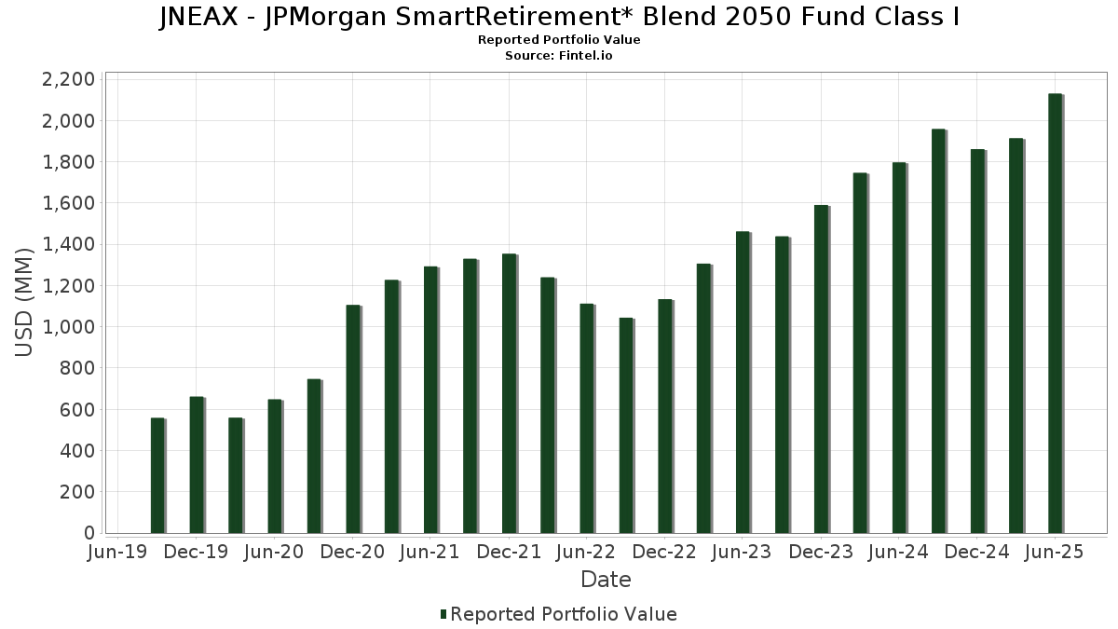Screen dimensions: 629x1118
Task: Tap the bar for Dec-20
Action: pyautogui.click(x=353, y=418)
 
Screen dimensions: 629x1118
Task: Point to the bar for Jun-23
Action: pyautogui.click(x=743, y=382)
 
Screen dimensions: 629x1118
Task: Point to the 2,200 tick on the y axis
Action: pyautogui.click(x=68, y=79)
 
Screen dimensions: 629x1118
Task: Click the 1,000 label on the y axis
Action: pyautogui.click(x=68, y=327)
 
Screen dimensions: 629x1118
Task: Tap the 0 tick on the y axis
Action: pyautogui.click(x=89, y=533)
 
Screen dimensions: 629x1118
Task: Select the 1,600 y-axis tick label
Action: pyautogui.click(x=68, y=203)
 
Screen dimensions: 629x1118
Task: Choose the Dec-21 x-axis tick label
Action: pyautogui.click(x=509, y=552)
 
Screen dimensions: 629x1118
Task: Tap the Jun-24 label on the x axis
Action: pyautogui.click(x=898, y=552)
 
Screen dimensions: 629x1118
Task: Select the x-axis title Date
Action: pyautogui.click(x=606, y=580)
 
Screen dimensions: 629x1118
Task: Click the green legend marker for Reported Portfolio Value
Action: pyautogui.click(x=443, y=614)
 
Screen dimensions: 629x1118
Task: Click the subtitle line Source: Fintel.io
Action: pyautogui.click(x=559, y=56)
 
